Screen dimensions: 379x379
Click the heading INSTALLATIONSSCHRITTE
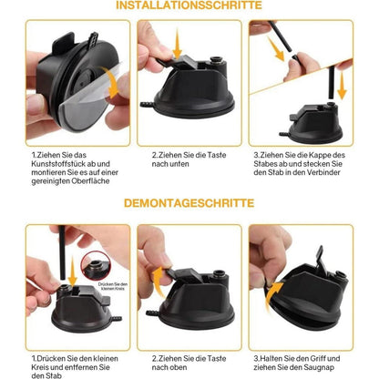pyautogui.click(x=189, y=5)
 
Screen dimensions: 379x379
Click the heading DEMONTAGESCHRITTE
pyautogui.click(x=189, y=203)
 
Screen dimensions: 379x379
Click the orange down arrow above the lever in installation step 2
pyautogui.click(x=177, y=43)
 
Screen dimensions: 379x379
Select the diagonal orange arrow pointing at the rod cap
pyautogui.click(x=276, y=48)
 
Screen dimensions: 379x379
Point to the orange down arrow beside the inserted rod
pyautogui.click(x=343, y=85)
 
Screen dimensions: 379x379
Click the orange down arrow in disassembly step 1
pyautogui.click(x=72, y=271)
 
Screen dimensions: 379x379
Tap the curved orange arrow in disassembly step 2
pyautogui.click(x=158, y=281)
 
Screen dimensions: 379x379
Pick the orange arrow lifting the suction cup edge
pyautogui.click(x=272, y=295)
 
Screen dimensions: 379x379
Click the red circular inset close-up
pyautogui.click(x=96, y=266)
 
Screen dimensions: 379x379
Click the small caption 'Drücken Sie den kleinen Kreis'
pyautogui.click(x=113, y=286)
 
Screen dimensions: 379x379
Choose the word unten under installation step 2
pyautogui.click(x=179, y=164)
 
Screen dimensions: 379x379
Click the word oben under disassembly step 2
pyautogui.click(x=178, y=367)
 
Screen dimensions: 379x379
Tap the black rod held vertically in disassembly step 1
pyautogui.click(x=62, y=252)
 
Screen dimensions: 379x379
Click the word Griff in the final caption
pyautogui.click(x=320, y=359)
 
